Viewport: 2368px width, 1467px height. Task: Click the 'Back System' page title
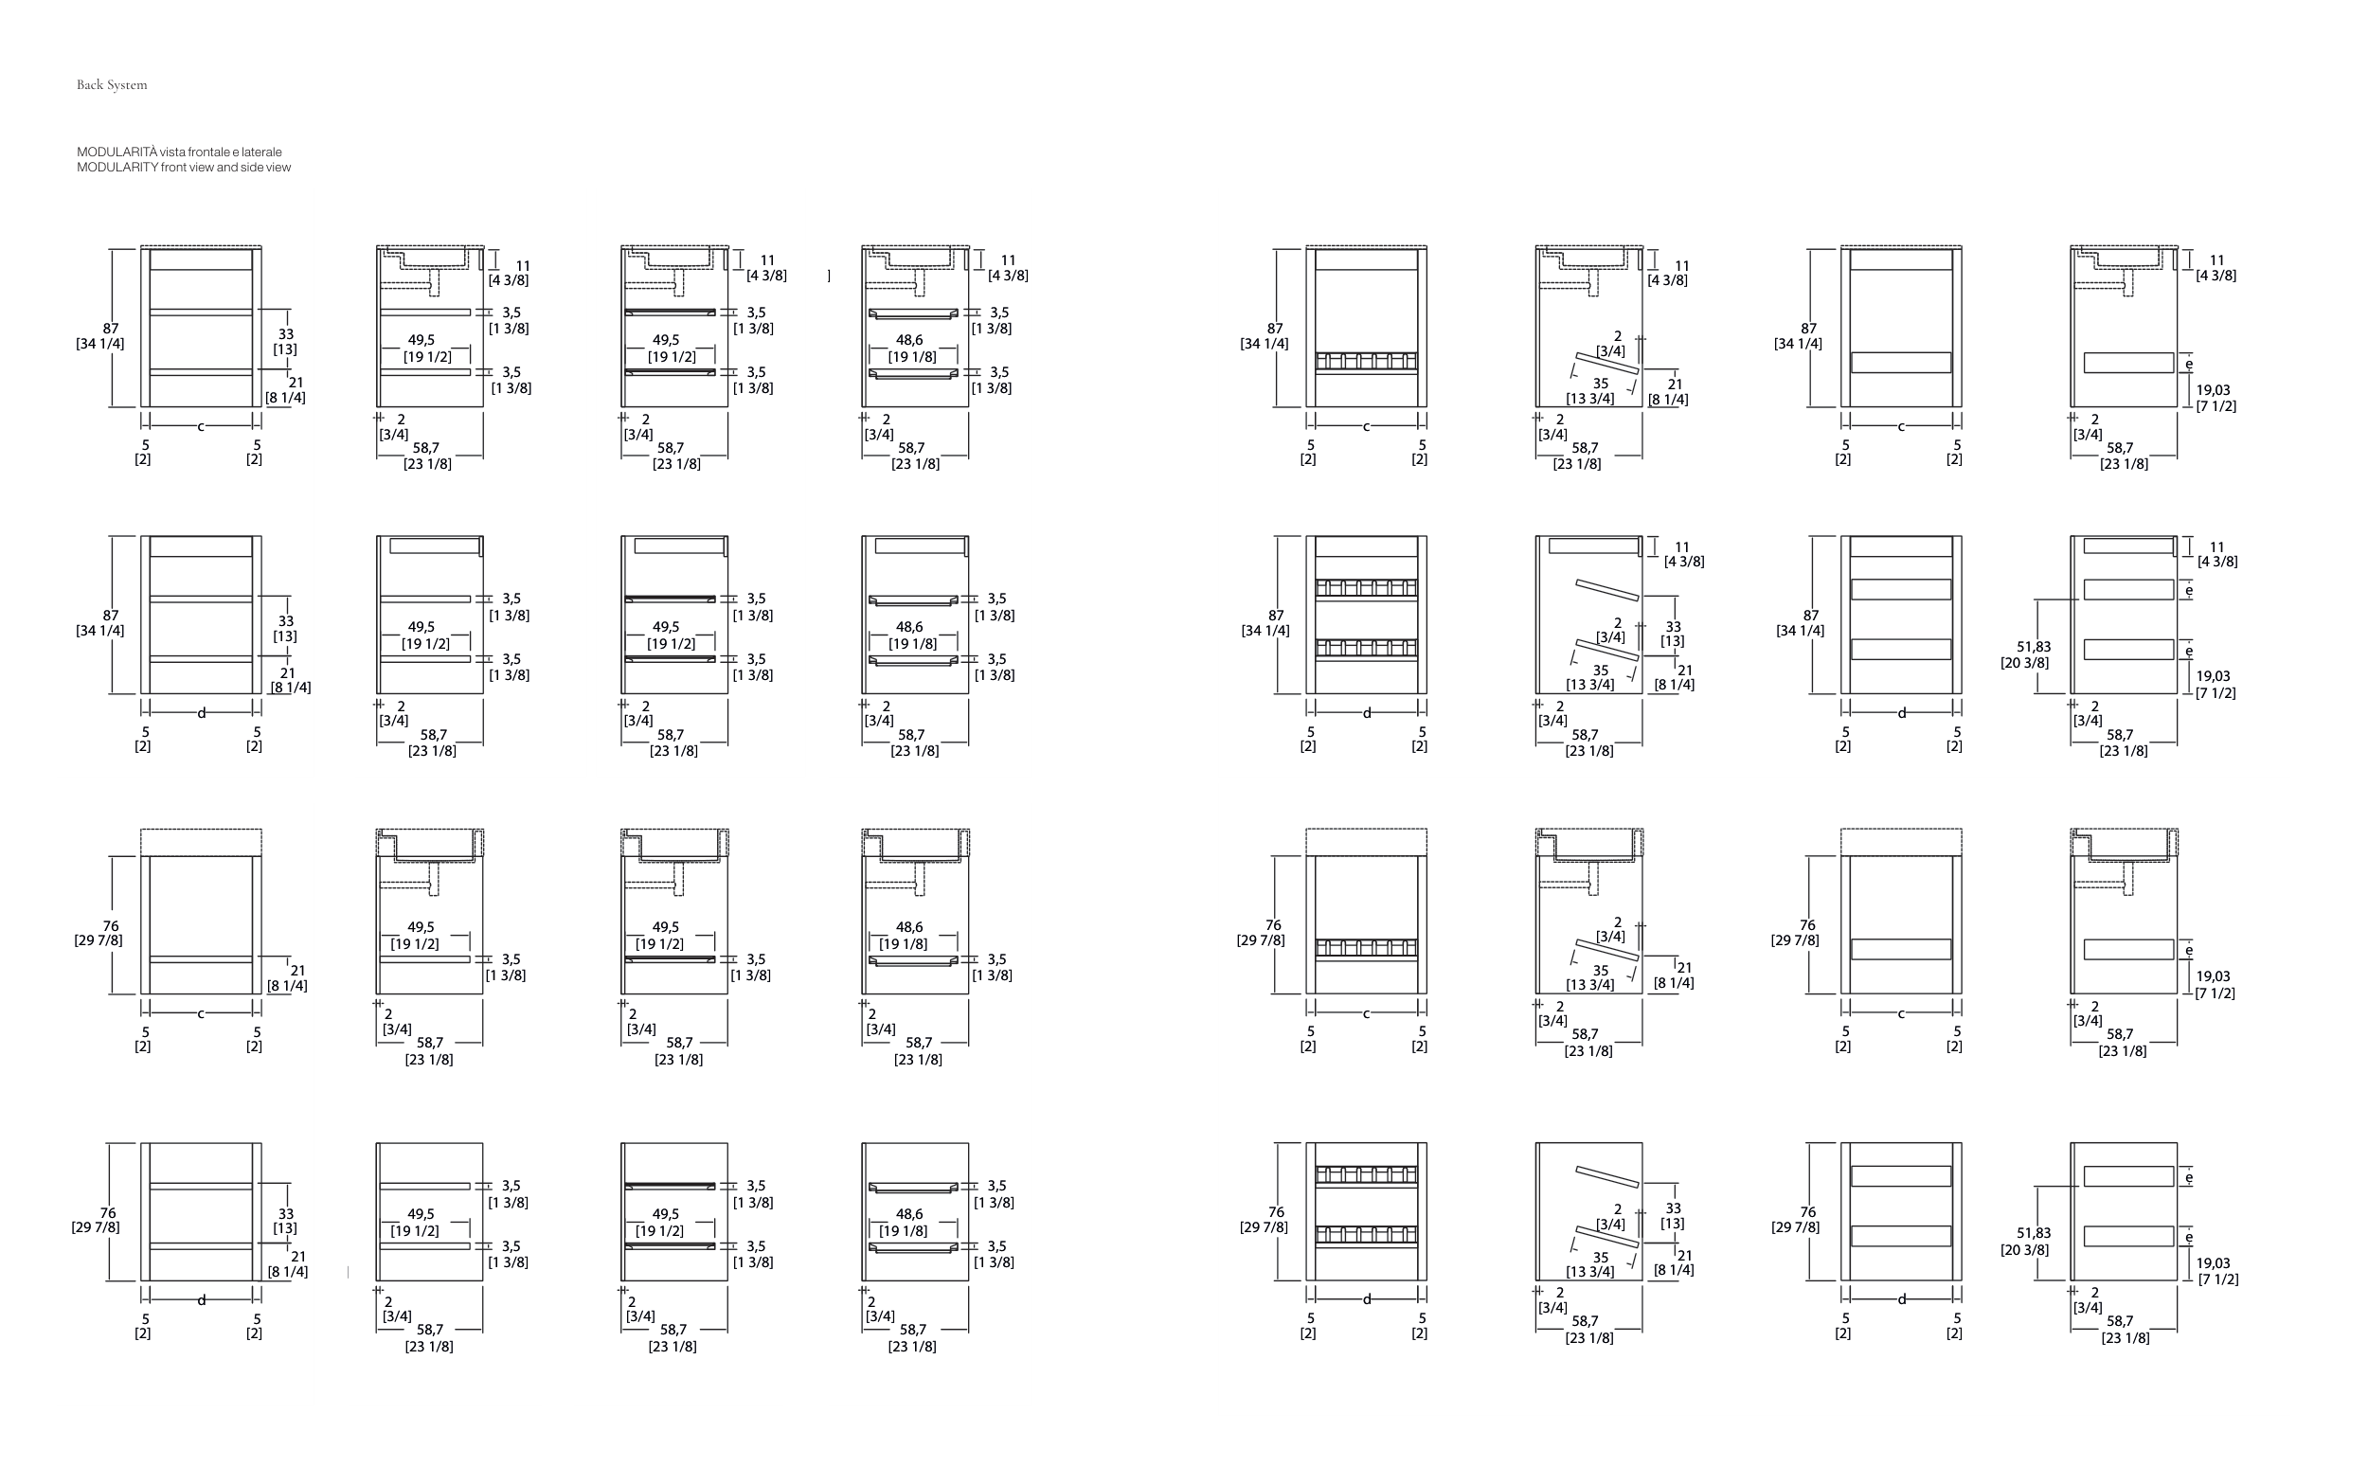point(113,85)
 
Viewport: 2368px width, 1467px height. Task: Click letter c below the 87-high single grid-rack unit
point(1366,426)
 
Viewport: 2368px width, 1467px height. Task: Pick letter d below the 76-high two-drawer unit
point(1901,1299)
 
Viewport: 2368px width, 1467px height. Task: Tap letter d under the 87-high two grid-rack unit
point(1367,713)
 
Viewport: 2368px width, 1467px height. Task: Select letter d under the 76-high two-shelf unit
point(202,1300)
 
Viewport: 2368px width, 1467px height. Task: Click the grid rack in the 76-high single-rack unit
point(1366,948)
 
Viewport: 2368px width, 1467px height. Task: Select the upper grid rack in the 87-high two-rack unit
point(1366,588)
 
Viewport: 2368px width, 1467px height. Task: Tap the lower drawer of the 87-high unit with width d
point(1901,649)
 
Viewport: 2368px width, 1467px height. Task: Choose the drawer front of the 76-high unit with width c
point(1901,949)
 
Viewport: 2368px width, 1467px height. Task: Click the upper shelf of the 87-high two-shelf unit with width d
point(201,599)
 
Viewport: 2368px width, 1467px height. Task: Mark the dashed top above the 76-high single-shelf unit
point(201,842)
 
